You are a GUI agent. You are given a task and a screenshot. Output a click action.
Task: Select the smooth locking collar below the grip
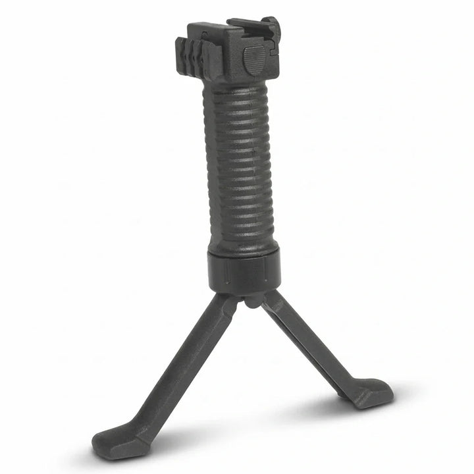244,270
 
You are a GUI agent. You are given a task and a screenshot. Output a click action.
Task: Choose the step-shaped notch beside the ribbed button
269,49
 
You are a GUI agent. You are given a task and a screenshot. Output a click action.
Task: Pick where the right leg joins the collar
270,298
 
